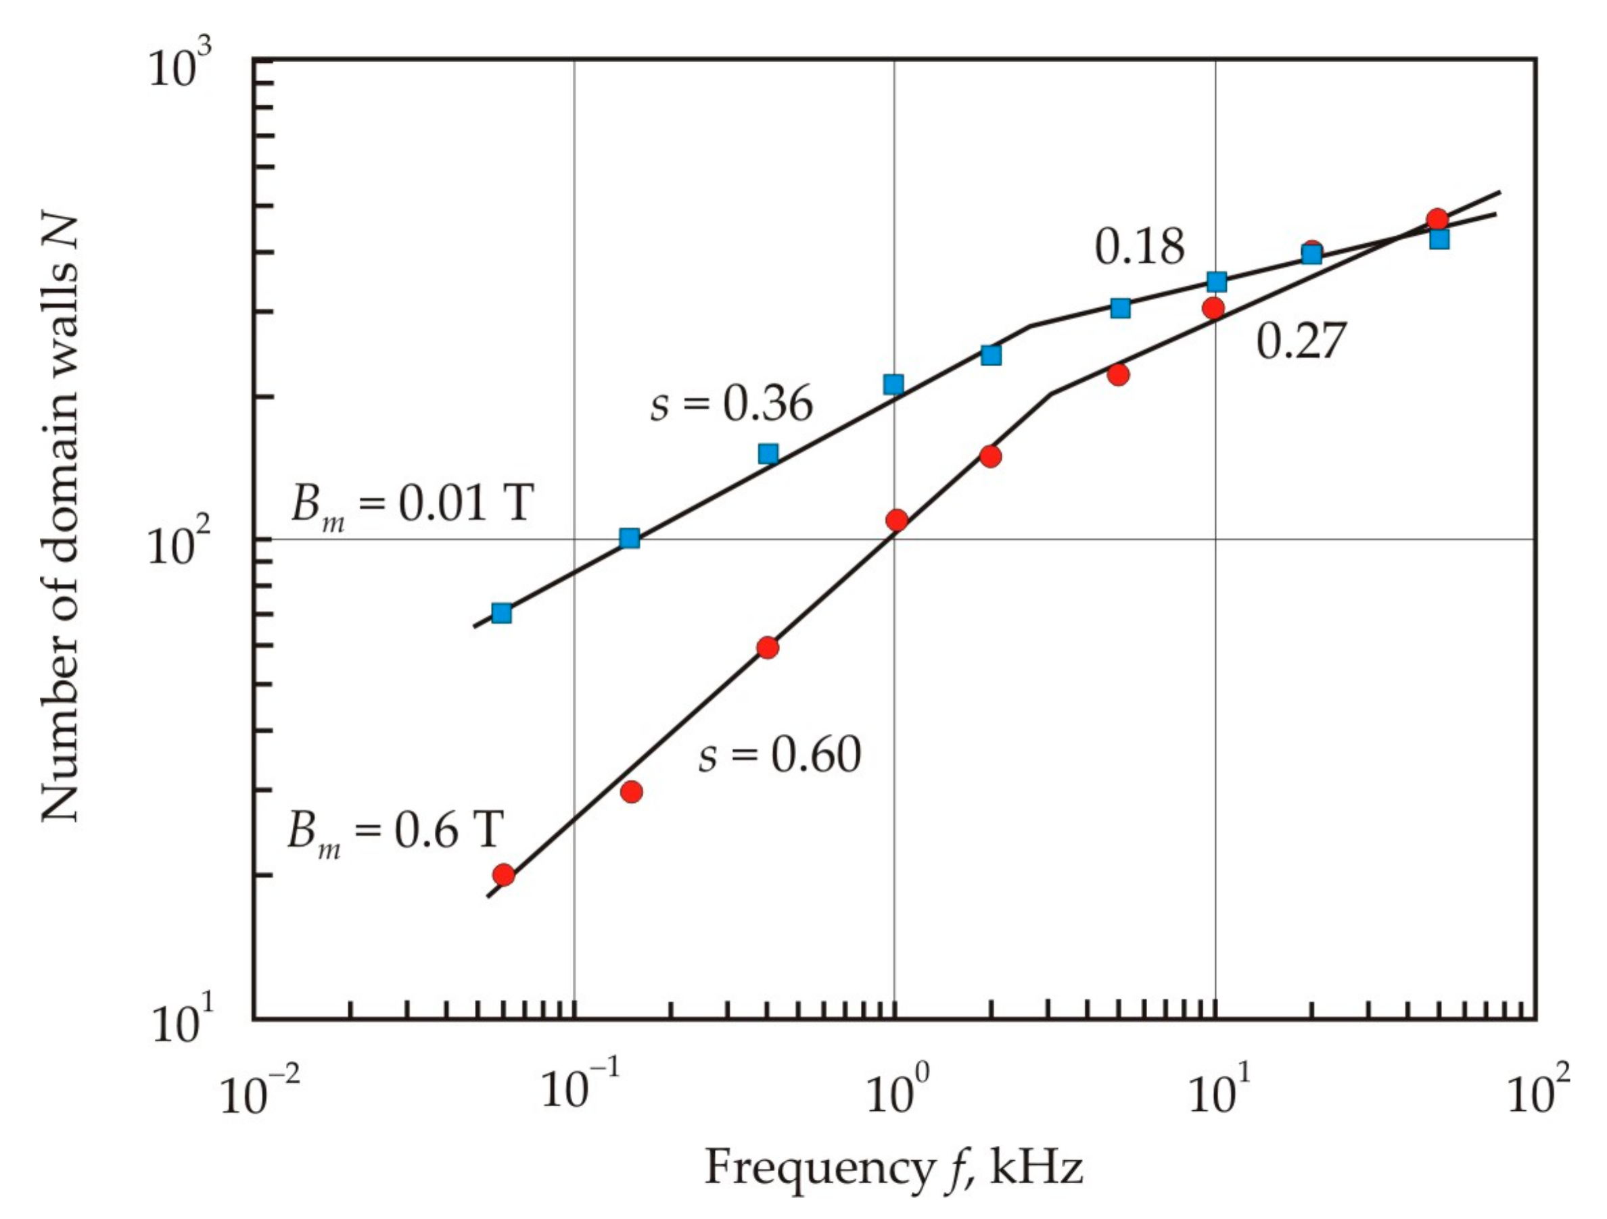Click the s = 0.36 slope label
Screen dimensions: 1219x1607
(731, 403)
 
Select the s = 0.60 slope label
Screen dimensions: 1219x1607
(780, 755)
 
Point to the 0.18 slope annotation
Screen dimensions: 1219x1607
(1139, 247)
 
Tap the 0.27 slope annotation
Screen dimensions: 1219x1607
(1301, 341)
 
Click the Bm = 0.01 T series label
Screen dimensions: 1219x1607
(412, 505)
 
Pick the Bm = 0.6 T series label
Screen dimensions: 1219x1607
(394, 831)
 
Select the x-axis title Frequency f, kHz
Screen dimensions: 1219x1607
(893, 1168)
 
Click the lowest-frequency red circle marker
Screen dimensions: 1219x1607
(503, 875)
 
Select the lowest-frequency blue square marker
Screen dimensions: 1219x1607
(501, 614)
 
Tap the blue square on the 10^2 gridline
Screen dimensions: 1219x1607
(630, 538)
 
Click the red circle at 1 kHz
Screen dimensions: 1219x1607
(896, 520)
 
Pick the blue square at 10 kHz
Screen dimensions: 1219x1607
(1217, 282)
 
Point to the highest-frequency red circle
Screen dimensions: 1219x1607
(1437, 219)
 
